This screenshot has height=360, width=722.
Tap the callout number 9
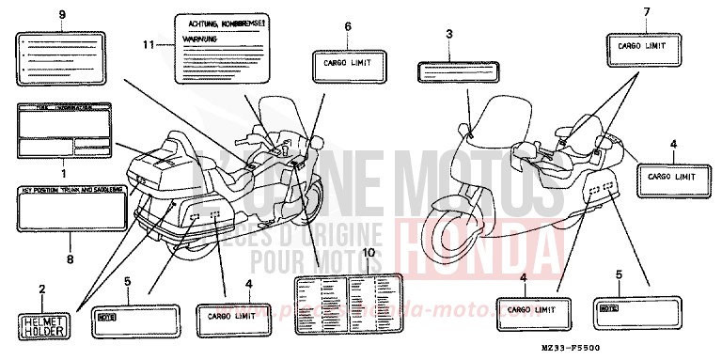62,16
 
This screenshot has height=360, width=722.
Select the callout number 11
148,45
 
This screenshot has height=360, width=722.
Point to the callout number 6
348,28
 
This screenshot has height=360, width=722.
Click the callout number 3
449,34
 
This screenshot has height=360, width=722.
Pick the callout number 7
646,11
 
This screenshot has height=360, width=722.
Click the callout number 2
41,288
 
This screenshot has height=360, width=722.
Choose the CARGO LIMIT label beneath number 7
644,44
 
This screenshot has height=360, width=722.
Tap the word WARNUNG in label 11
201,40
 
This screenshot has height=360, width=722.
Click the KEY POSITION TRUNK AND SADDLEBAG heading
69,191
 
